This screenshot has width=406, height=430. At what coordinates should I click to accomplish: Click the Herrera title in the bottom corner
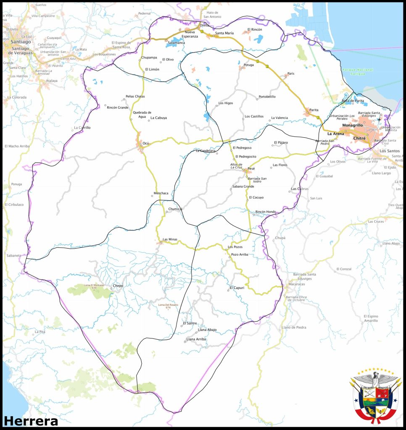pos(31,421)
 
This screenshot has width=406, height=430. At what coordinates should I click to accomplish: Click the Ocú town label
pos(146,143)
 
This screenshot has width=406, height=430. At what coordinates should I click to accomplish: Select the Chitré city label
pos(359,138)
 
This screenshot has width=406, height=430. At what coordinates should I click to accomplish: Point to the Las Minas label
pos(170,239)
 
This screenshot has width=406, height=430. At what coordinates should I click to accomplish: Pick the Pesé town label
pos(251,168)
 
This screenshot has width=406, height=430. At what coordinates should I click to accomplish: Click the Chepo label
pos(118,286)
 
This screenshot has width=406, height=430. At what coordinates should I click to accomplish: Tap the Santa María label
pos(224,33)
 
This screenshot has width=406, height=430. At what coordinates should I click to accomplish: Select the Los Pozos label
pos(235,247)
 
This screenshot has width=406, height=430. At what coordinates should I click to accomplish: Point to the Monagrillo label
pos(352,126)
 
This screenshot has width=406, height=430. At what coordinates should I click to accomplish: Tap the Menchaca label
pos(161,193)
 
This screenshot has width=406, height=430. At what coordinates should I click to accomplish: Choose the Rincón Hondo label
pos(266,212)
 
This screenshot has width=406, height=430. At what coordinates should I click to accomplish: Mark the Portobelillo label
pos(267,97)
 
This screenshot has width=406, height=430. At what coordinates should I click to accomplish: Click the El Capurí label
pos(237,288)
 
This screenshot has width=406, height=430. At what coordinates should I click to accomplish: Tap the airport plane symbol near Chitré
pos(379,120)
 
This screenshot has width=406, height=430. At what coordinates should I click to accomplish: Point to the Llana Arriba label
pos(196,339)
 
